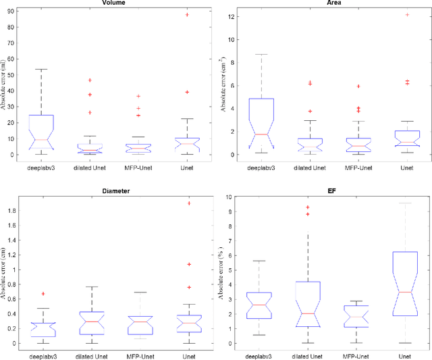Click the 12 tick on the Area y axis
(x=234, y=16)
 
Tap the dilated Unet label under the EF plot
(x=308, y=355)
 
